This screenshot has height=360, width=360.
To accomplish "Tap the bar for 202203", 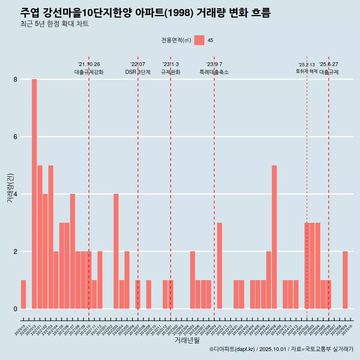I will point(116,251).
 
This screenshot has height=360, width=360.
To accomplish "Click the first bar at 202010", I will point(23,294).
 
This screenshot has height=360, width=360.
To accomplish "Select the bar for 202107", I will point(72,251).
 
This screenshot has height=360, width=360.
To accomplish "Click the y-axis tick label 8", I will point(15,79).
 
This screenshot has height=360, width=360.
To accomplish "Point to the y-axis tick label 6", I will point(15,137).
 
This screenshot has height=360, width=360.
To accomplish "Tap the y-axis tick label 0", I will point(15,309).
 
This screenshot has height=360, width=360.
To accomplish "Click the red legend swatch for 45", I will point(199,40).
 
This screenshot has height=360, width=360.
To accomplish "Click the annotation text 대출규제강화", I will point(89,72).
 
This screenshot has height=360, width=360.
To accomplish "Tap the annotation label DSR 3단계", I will point(138,72).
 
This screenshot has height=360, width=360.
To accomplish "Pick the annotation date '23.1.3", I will point(171,64).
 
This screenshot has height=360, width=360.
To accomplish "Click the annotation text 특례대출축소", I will point(214,72).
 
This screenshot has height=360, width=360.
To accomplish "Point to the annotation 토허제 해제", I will point(307,71).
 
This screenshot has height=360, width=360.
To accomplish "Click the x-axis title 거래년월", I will point(187,340).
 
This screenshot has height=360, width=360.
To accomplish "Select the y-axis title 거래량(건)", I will point(10,188).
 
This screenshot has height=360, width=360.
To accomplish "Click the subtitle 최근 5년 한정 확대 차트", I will point(54,24).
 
